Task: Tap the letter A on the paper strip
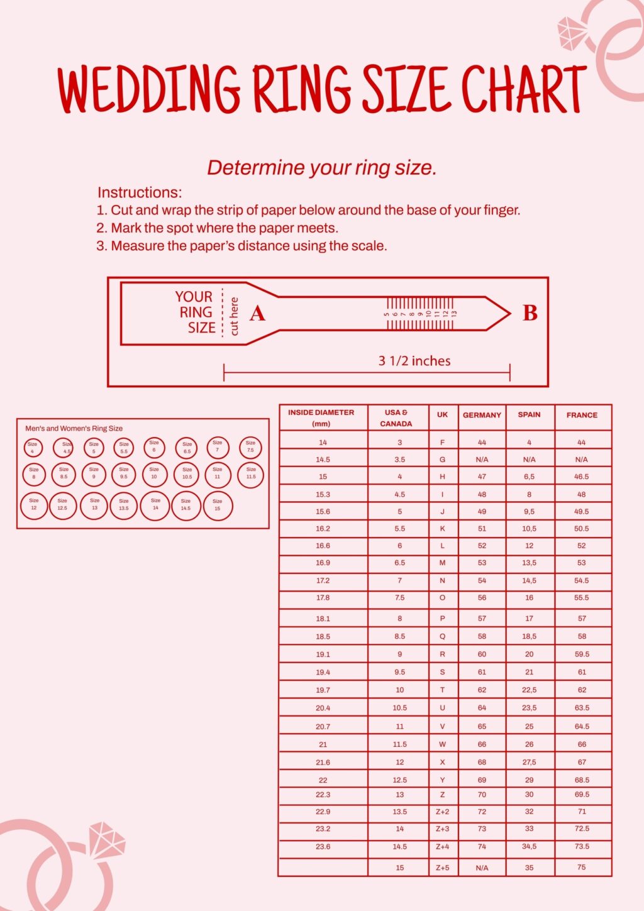pyautogui.click(x=257, y=313)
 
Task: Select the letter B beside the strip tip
pyautogui.click(x=530, y=312)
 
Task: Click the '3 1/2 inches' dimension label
pyautogui.click(x=414, y=361)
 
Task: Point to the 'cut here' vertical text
pyautogui.click(x=235, y=316)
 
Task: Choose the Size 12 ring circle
pyautogui.click(x=34, y=505)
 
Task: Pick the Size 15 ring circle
pyautogui.click(x=218, y=505)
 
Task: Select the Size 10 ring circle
pyautogui.click(x=154, y=474)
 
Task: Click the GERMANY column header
pyautogui.click(x=482, y=415)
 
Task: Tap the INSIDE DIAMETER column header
pyautogui.click(x=321, y=417)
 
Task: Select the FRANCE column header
pyautogui.click(x=582, y=415)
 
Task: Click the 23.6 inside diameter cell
pyautogui.click(x=323, y=846)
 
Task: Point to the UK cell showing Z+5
pyautogui.click(x=442, y=868)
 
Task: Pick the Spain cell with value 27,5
pyautogui.click(x=529, y=762)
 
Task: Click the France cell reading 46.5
pyautogui.click(x=582, y=477)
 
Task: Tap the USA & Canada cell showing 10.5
pyautogui.click(x=399, y=708)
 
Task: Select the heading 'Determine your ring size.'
pyautogui.click(x=321, y=167)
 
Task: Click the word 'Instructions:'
pyautogui.click(x=140, y=192)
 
